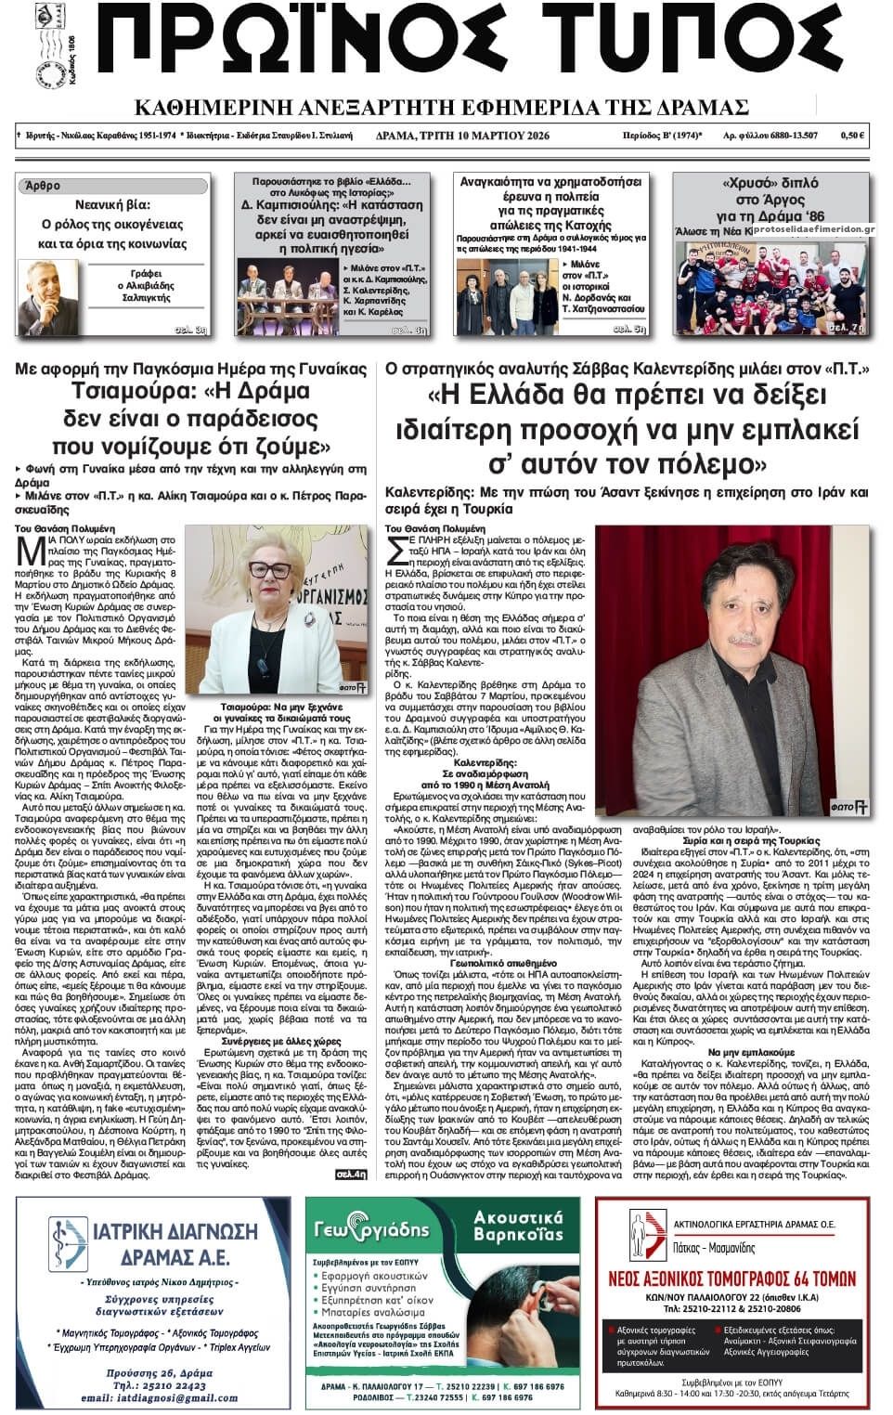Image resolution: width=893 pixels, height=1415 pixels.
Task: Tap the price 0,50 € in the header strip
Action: tap(852, 136)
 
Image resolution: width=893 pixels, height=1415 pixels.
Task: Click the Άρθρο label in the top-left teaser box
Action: tap(44, 186)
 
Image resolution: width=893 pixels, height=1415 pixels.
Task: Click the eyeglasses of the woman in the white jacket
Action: tap(271, 569)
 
